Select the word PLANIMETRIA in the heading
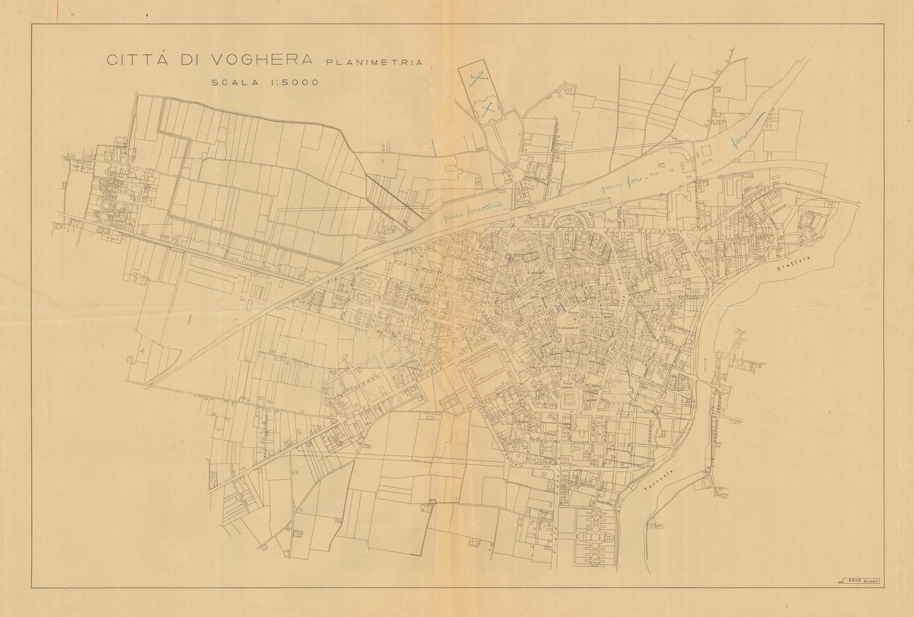point(375,63)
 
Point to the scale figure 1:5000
point(293,82)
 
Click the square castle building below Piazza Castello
point(568,400)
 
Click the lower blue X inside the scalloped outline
point(488,109)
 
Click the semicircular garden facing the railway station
point(570,221)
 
